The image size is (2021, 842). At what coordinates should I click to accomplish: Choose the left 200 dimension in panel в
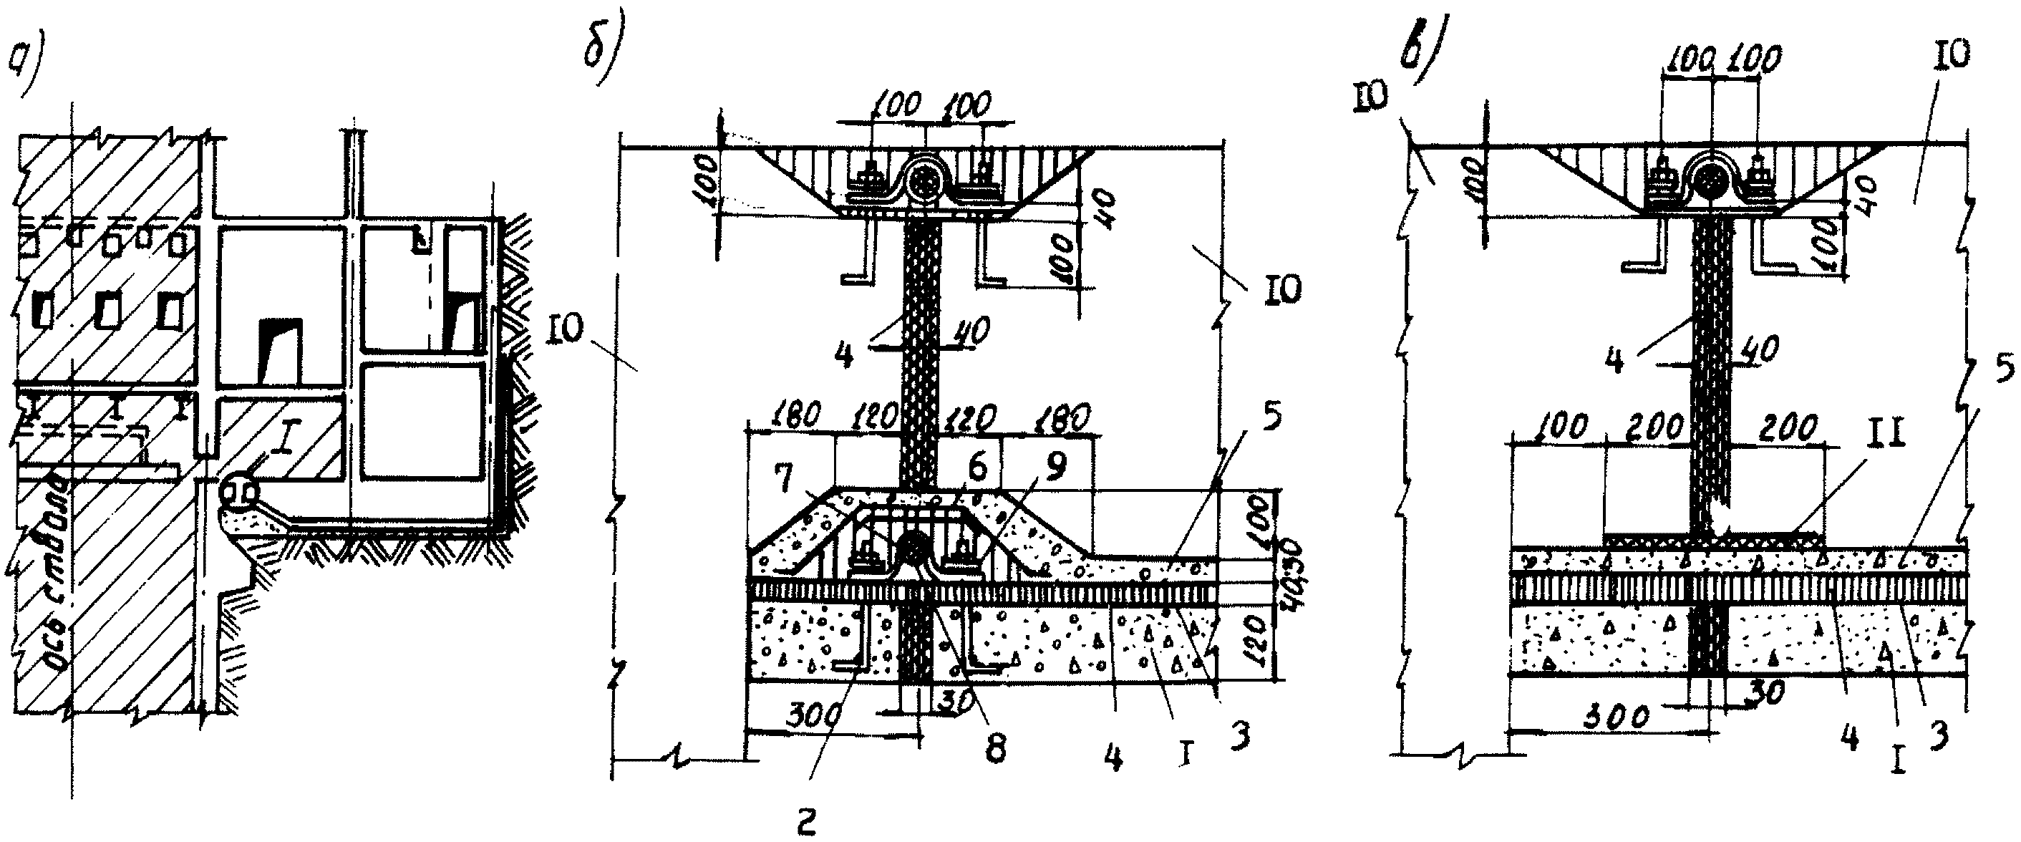(1655, 428)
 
